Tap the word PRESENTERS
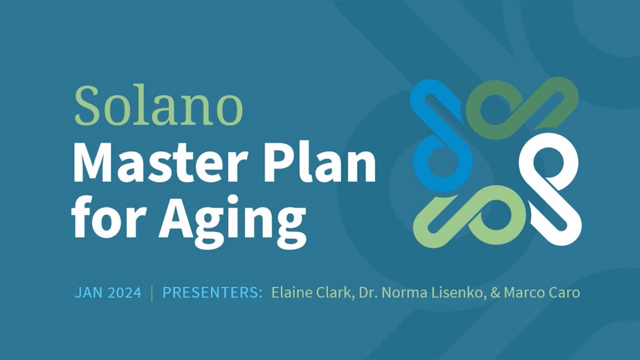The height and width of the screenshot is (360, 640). (x=212, y=292)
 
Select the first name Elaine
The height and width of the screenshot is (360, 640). (x=290, y=292)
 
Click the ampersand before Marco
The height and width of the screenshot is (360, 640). (x=495, y=292)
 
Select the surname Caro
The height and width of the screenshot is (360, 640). (x=564, y=292)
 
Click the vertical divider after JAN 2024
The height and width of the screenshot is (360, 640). (x=151, y=292)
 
